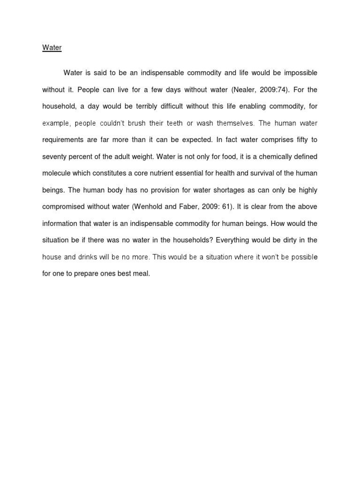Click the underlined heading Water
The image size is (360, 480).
click(x=52, y=48)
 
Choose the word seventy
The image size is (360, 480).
click(x=54, y=157)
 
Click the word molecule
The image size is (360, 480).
click(x=56, y=173)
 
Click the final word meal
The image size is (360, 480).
click(x=142, y=274)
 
